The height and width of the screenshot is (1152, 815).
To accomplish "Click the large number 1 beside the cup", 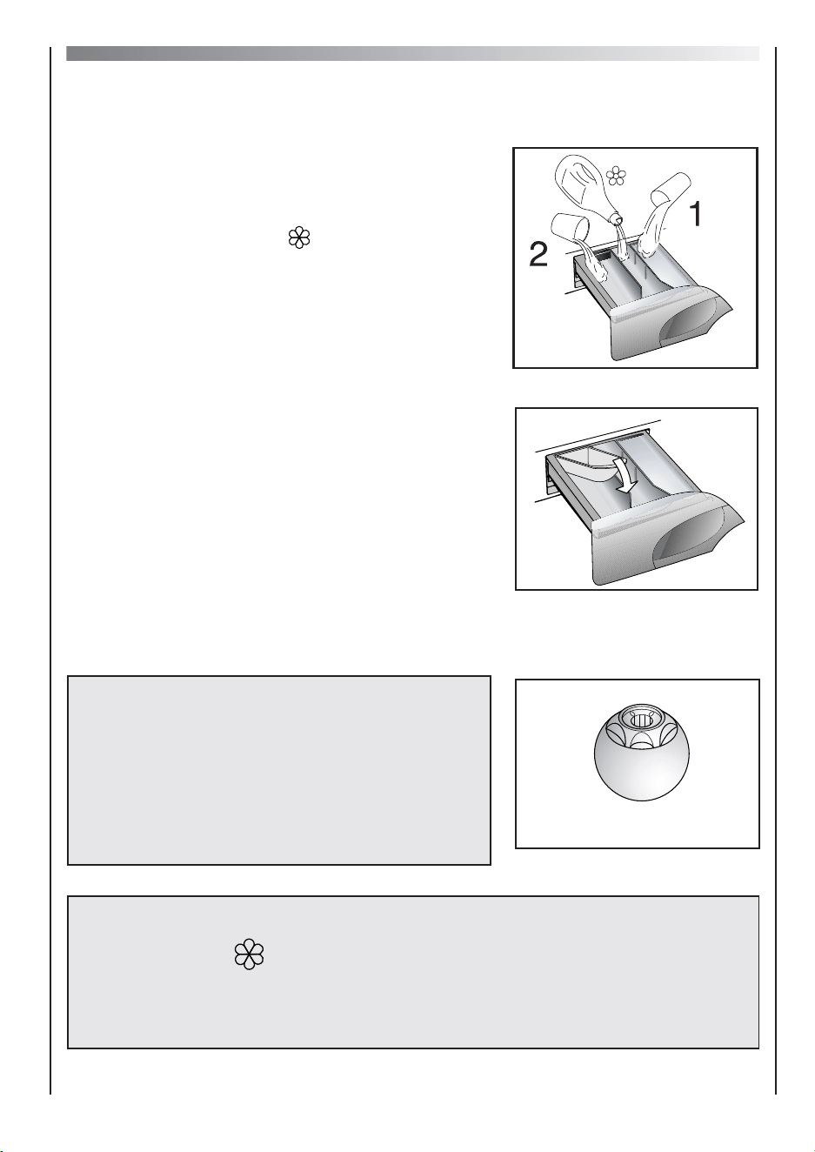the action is click(x=696, y=213).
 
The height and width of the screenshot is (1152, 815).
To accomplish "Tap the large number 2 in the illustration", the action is click(x=538, y=255).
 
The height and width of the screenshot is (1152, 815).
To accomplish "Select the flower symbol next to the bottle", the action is click(x=615, y=176).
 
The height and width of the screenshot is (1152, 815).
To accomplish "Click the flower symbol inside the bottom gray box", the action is click(x=249, y=954).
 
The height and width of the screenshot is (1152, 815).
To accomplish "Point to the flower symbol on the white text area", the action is click(x=299, y=238).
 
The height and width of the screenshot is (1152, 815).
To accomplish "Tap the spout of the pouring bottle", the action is click(x=616, y=218).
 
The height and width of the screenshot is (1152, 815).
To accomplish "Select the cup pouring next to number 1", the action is click(x=669, y=189).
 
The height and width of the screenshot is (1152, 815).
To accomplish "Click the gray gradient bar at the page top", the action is click(x=412, y=53).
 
